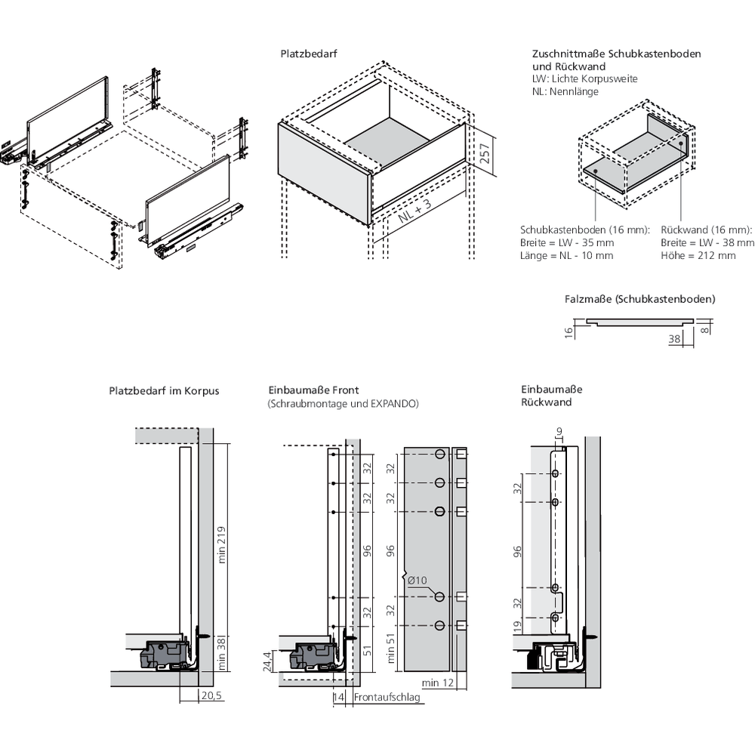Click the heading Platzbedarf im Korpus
coord(164,391)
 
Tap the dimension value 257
coord(485,154)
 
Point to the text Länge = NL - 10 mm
coord(566,256)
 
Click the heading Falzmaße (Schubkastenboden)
coord(639,299)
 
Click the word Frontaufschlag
coord(386,698)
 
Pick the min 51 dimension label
coord(391,649)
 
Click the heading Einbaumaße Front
coord(313,390)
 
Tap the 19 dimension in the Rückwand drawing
coord(517,627)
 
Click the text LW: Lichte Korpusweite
coord(584,79)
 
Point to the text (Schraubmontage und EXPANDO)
coord(343,404)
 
